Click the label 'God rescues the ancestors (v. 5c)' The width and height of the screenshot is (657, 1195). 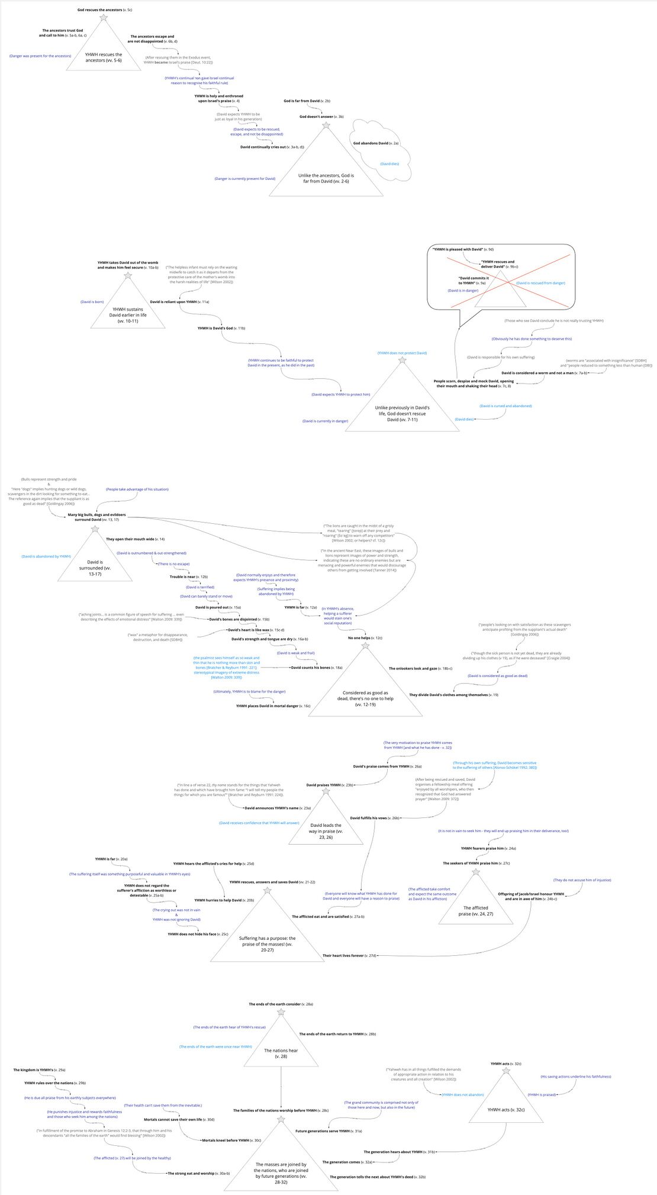coord(105,10)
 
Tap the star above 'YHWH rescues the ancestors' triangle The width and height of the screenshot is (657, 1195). coord(104,18)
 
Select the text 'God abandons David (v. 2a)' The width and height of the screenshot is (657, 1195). coord(376,143)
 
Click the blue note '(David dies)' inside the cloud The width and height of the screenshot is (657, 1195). coord(389,164)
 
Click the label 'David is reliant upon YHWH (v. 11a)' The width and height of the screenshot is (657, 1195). coord(179,302)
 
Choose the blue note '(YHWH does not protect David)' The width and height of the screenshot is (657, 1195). coord(402,353)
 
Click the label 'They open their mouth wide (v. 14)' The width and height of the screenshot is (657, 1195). coord(135,539)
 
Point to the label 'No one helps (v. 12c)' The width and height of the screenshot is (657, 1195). coord(365,638)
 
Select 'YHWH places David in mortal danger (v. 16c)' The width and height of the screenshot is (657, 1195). coord(273,706)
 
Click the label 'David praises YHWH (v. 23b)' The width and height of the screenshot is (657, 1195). coord(330,785)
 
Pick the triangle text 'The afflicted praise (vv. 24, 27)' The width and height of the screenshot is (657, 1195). coord(475,910)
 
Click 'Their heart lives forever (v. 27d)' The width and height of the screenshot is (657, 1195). coord(349,955)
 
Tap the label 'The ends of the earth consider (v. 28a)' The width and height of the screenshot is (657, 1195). coord(281,1004)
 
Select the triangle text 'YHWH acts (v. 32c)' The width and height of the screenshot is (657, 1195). coord(505,1110)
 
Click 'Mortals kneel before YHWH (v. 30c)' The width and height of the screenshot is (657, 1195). coord(231,1140)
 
